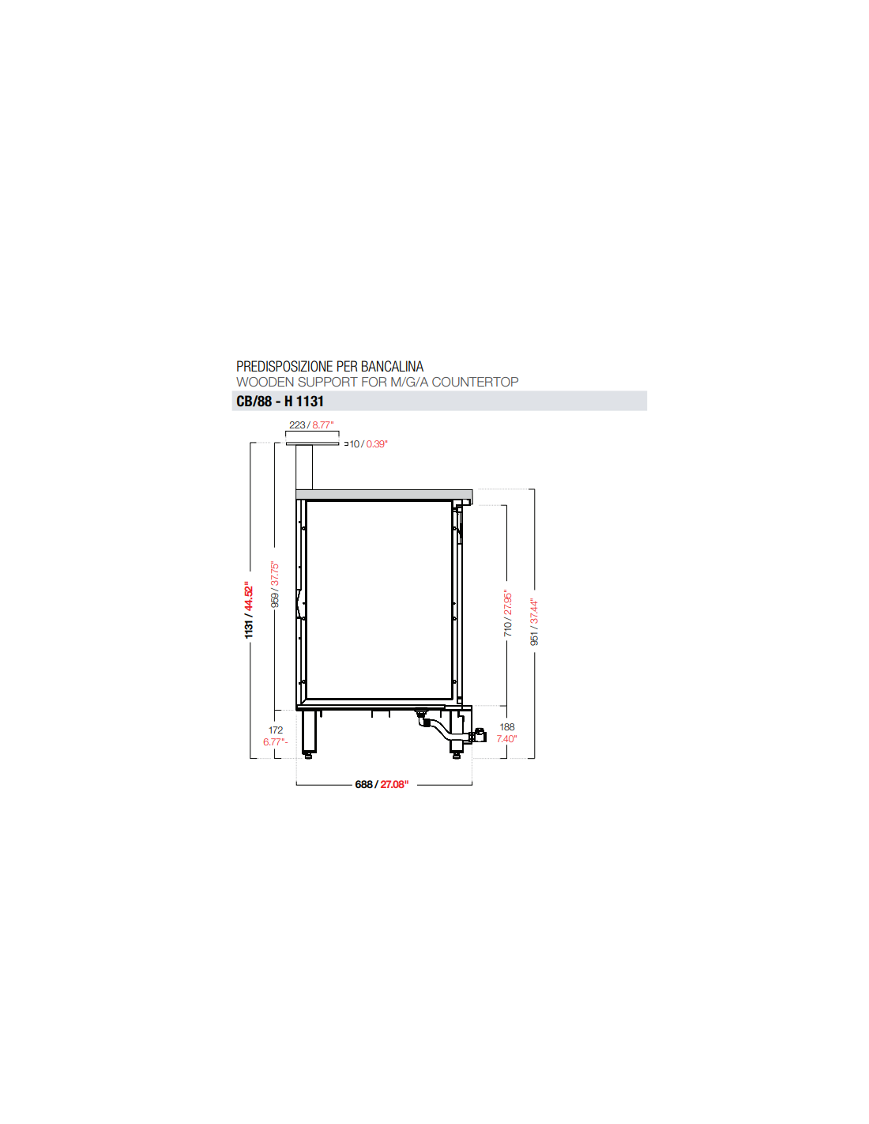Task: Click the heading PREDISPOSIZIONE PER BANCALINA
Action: tap(329, 366)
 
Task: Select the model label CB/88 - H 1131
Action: tap(280, 401)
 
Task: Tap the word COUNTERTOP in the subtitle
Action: tap(475, 382)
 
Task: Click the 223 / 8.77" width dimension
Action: tap(311, 424)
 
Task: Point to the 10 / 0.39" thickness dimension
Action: tap(368, 443)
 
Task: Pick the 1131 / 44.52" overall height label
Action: tap(249, 610)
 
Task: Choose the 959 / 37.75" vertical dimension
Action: tap(274, 584)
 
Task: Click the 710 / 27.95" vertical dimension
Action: tap(507, 613)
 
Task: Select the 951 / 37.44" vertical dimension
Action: tap(534, 622)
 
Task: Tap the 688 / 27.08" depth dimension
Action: tap(382, 784)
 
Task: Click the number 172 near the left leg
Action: tap(276, 730)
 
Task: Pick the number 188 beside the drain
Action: tap(507, 726)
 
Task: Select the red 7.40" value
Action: tap(506, 738)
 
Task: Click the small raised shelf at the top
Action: tap(312, 443)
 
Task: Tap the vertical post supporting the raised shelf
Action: tap(304, 467)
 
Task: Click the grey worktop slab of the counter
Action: tap(384, 495)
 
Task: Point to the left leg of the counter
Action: tap(310, 732)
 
